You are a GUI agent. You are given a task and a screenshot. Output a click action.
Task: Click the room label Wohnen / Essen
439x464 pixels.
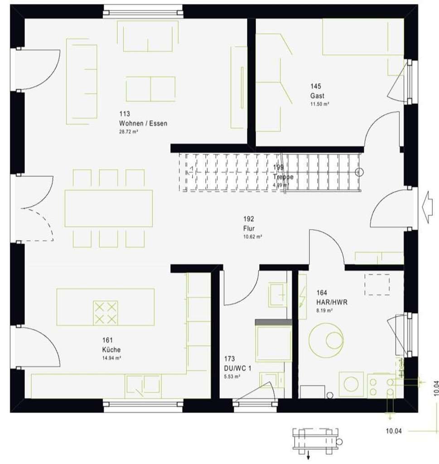tap(143, 123)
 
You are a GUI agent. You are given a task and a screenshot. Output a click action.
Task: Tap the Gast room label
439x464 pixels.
tap(317, 96)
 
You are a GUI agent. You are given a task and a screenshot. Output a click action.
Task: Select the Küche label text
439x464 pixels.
tap(111, 349)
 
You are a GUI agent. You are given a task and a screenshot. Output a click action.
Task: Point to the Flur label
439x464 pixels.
tap(249, 228)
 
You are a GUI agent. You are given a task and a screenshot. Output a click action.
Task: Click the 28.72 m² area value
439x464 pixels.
tap(128, 131)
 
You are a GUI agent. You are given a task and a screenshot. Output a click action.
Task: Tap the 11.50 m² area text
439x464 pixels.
tap(319, 104)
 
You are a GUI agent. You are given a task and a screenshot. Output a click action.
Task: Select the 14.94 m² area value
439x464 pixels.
tap(111, 358)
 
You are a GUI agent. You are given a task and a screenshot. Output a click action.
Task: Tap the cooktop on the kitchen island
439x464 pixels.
tap(105, 313)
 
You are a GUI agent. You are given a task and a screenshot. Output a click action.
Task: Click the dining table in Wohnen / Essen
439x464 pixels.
tap(109, 208)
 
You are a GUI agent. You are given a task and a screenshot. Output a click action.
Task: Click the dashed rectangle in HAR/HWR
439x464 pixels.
tap(376, 284)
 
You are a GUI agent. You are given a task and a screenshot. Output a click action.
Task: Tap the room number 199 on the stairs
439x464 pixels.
tap(278, 167)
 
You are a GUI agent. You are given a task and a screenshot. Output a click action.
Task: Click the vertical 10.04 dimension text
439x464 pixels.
tap(435, 389)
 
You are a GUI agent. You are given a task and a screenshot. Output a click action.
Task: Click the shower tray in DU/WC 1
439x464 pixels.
tap(273, 342)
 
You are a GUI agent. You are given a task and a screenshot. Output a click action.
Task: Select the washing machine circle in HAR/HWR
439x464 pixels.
tap(351, 384)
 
